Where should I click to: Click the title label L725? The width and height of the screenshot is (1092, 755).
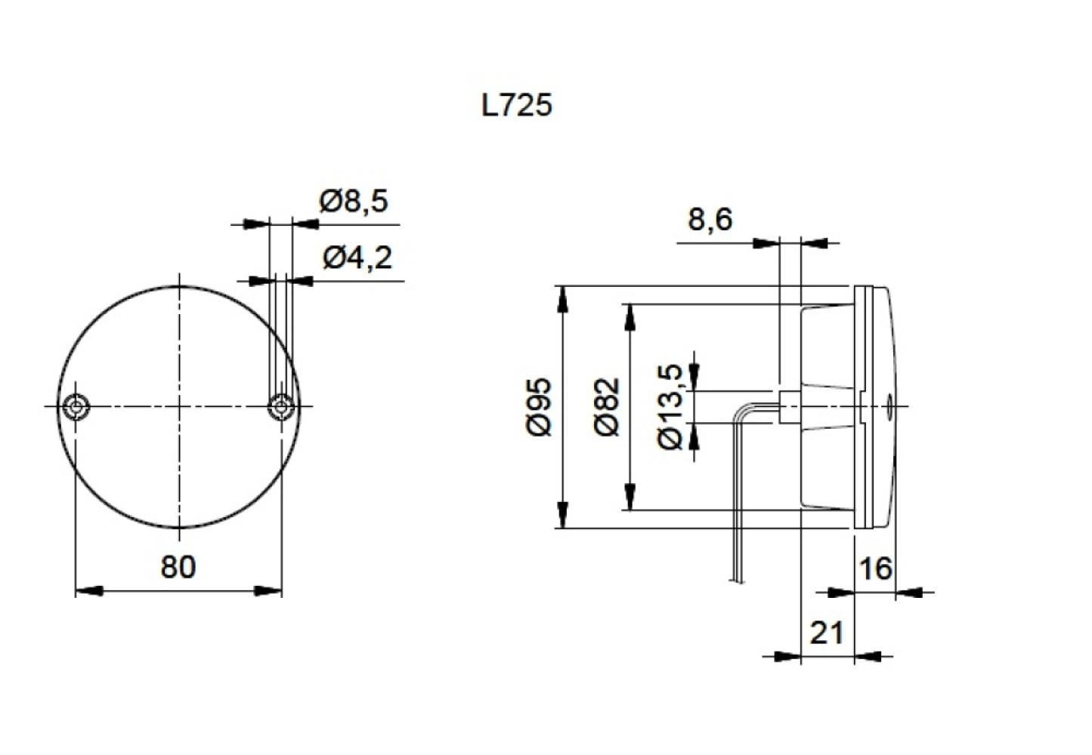coord(517,104)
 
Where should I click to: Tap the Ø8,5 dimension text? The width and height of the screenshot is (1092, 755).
coord(353,202)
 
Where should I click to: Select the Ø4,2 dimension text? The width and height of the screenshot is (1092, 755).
coord(357,258)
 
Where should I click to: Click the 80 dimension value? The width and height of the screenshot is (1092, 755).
coord(178,566)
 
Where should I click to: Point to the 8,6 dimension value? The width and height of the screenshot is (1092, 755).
coord(710,220)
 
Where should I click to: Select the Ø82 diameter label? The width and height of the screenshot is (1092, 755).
coord(607,407)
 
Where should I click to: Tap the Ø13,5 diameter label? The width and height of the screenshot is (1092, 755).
coord(671,407)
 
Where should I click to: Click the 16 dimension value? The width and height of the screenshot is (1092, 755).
coord(875,569)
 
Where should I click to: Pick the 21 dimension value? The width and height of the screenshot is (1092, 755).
coord(826,633)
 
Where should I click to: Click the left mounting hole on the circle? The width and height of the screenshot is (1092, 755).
coord(76,406)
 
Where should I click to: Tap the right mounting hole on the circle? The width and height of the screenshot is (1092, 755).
coord(281,407)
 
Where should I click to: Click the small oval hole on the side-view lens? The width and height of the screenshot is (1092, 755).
coord(889,406)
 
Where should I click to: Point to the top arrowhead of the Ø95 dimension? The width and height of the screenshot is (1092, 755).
coord(561,299)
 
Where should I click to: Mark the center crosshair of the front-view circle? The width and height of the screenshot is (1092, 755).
coord(178,406)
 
